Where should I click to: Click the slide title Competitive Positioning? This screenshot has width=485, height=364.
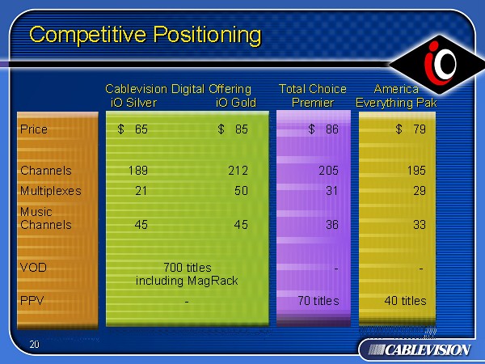(x=145, y=35)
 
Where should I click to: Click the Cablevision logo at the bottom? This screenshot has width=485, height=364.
(x=419, y=350)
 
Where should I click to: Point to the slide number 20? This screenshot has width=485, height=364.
(x=34, y=345)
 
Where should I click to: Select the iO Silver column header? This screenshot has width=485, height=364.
(x=133, y=103)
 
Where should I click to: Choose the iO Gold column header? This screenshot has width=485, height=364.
(x=236, y=103)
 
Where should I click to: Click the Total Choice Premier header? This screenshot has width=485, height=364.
(x=313, y=95)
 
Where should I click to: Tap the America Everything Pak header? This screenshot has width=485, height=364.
(x=396, y=95)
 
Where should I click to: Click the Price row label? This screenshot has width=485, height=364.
(x=34, y=129)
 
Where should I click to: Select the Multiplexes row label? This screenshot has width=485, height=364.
(x=51, y=191)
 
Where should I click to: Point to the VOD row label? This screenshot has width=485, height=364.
(x=33, y=268)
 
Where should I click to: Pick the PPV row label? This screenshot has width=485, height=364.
(x=32, y=301)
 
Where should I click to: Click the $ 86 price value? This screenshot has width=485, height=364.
(x=323, y=129)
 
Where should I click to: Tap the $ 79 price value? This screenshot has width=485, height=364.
(x=411, y=129)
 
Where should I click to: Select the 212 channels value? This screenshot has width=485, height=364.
(x=238, y=171)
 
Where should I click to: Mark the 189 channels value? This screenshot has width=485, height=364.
(x=138, y=171)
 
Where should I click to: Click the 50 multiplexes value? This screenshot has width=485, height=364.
(x=241, y=191)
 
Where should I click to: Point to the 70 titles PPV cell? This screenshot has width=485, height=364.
(x=318, y=301)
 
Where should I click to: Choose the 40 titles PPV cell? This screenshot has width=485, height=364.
(x=405, y=301)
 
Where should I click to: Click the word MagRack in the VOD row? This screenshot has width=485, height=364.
(x=213, y=281)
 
